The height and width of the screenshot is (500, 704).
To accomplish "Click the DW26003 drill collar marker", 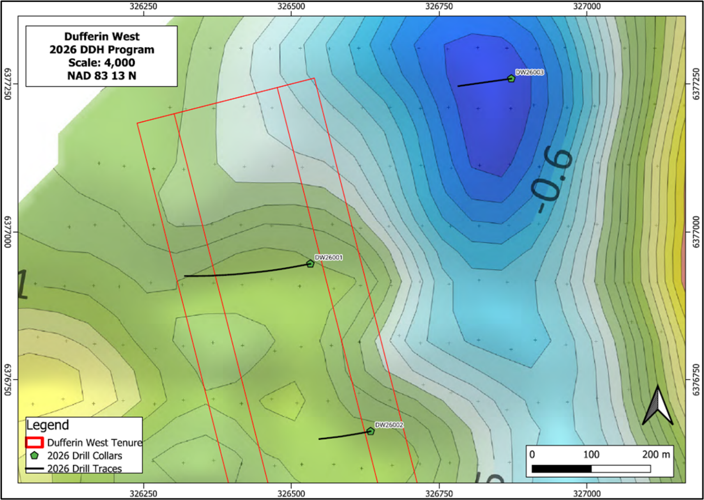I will click(511, 78).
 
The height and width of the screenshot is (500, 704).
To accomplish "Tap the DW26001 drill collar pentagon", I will click(311, 263).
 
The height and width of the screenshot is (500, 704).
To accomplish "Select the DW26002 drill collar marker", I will click(370, 431).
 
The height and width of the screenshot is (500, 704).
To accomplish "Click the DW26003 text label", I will click(530, 72).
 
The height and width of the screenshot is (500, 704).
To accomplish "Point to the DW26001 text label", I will click(329, 257).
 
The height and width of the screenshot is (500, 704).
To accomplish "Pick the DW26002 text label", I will click(389, 425).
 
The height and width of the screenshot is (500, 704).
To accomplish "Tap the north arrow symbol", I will click(658, 405).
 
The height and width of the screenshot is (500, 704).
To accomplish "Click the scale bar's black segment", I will click(562, 469).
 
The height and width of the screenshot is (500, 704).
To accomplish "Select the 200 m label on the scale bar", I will click(656, 455).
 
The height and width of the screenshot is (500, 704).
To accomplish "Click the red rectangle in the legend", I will click(34, 443).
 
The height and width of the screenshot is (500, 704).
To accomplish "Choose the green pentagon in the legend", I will click(34, 456).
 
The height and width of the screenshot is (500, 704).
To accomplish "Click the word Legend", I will click(47, 425).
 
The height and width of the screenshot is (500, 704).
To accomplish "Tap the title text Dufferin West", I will click(102, 36).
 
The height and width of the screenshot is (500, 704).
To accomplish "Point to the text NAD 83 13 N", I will click(102, 76).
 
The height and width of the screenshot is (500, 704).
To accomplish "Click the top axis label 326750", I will click(439, 6).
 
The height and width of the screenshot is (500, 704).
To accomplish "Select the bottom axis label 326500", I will click(291, 494).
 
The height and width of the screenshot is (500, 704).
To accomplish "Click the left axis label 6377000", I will click(7, 232).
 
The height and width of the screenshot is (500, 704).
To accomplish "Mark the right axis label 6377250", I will click(696, 84).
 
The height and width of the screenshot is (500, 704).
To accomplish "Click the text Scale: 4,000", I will click(102, 63).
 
